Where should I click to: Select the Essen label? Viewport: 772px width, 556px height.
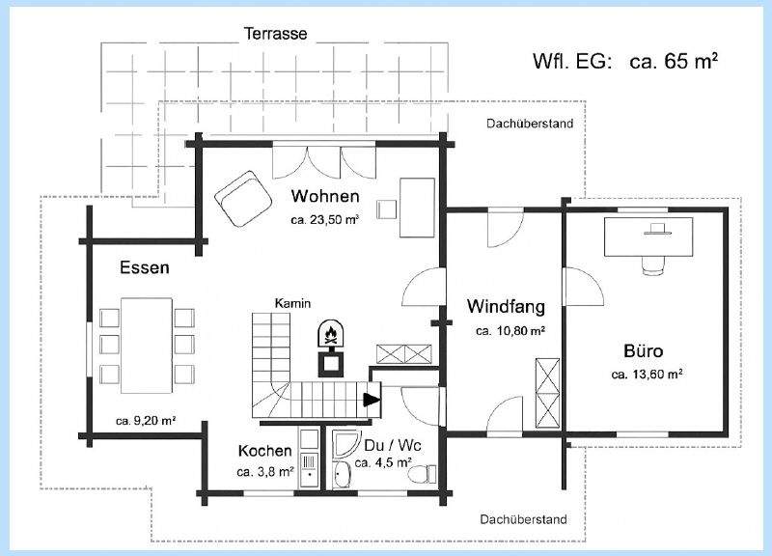click(145, 267)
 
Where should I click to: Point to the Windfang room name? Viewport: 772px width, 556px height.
click(506, 307)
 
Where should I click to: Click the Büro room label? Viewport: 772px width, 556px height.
click(643, 350)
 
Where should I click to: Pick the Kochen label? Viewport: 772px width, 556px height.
click(264, 451)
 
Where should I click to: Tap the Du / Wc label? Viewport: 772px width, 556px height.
click(393, 446)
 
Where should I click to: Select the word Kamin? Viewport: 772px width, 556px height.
click(291, 303)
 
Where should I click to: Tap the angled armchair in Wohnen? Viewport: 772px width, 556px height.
click(244, 198)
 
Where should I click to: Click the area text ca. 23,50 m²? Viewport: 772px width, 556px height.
click(324, 220)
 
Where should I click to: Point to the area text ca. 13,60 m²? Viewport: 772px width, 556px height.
click(648, 375)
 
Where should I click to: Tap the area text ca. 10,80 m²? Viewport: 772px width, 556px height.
click(510, 331)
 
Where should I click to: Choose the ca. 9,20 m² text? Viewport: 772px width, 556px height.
click(145, 421)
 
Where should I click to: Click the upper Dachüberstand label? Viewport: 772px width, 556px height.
click(530, 124)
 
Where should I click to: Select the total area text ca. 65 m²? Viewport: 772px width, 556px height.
click(675, 61)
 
